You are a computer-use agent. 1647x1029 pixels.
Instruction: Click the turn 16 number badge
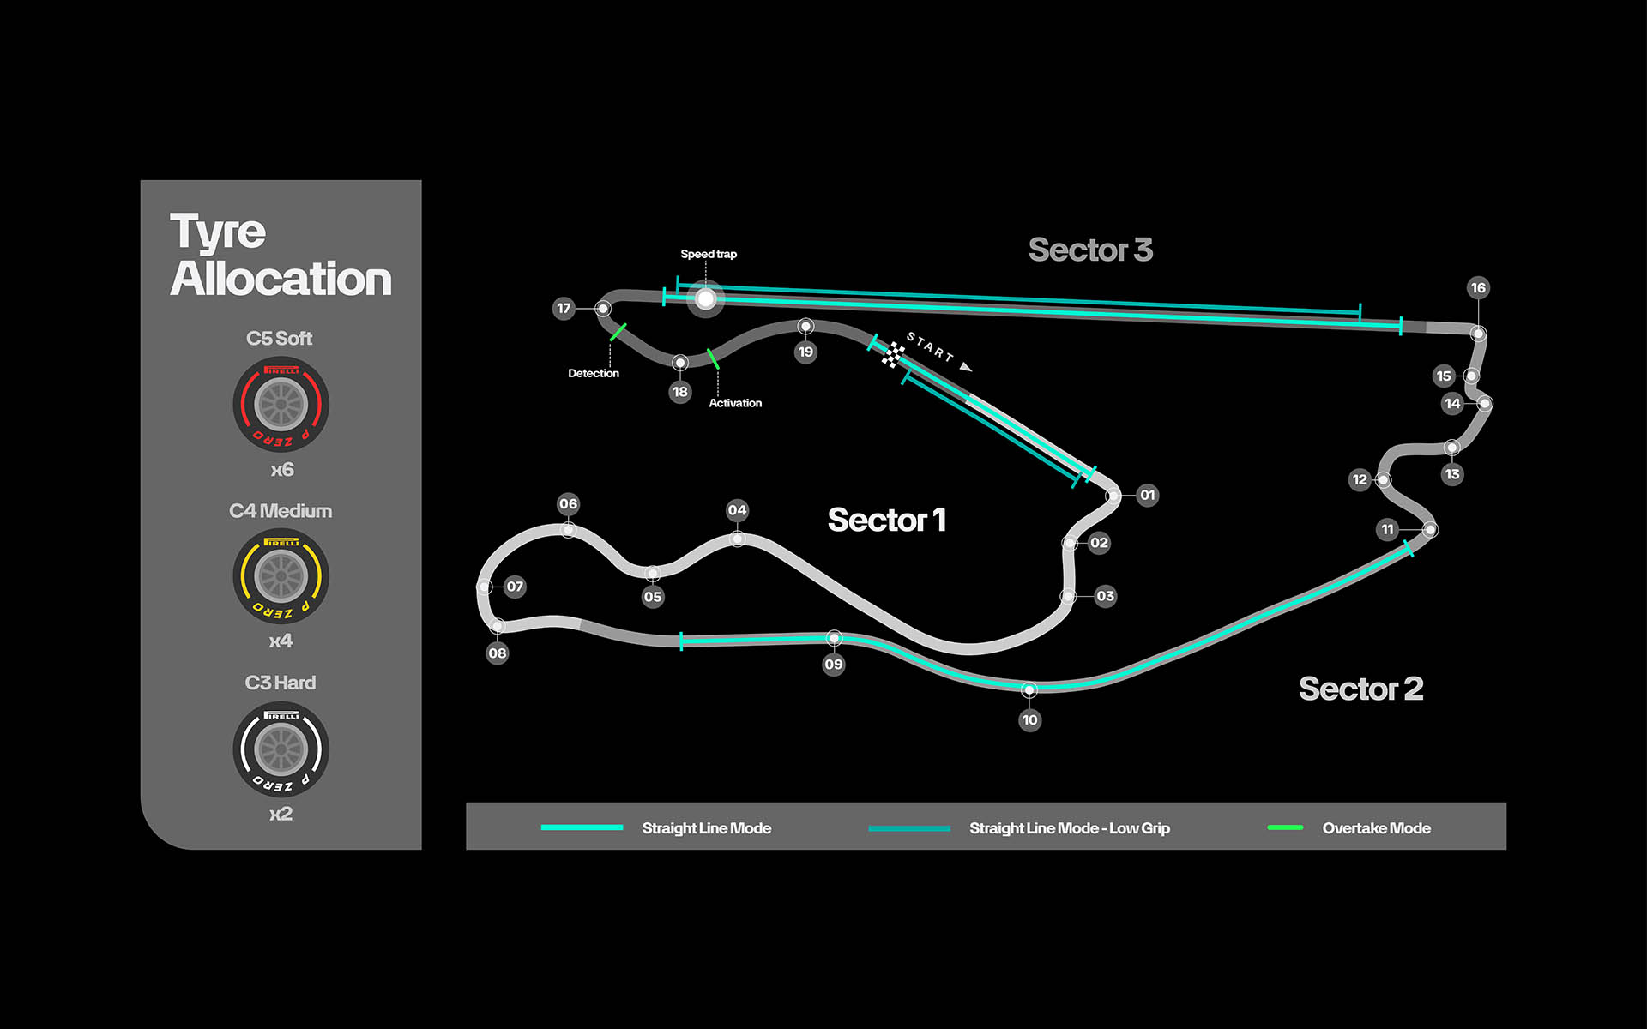pos(1477,288)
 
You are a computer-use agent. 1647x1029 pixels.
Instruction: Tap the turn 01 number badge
pos(1148,495)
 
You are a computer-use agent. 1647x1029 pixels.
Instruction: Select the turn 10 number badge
pos(1029,720)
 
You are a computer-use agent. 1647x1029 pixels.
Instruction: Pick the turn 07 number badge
pos(515,587)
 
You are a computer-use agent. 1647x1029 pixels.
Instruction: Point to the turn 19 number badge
pos(805,352)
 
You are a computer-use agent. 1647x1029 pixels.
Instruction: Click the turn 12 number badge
pos(1360,479)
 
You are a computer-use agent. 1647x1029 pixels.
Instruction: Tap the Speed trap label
pos(709,254)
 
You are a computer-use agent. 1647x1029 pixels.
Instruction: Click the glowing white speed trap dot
pos(705,298)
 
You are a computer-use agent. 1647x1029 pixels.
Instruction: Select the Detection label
pos(594,373)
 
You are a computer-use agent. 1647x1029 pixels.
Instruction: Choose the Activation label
pos(735,403)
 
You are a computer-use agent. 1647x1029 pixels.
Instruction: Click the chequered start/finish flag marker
pos(893,354)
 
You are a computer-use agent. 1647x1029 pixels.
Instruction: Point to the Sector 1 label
pos(886,520)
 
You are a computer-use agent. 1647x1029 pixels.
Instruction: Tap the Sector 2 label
pos(1360,689)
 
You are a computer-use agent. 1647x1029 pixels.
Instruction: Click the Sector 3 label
pos(1090,250)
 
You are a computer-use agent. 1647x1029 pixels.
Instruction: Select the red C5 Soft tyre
pos(281,405)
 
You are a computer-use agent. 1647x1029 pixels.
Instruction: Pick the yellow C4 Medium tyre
pos(281,576)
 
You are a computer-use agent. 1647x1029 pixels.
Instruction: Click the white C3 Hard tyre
pos(281,749)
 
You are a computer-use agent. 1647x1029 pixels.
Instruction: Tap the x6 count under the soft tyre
pos(281,470)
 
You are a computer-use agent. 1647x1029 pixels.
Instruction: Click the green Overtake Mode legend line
pos(1285,827)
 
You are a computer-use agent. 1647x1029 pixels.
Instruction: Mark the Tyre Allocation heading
pos(281,255)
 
